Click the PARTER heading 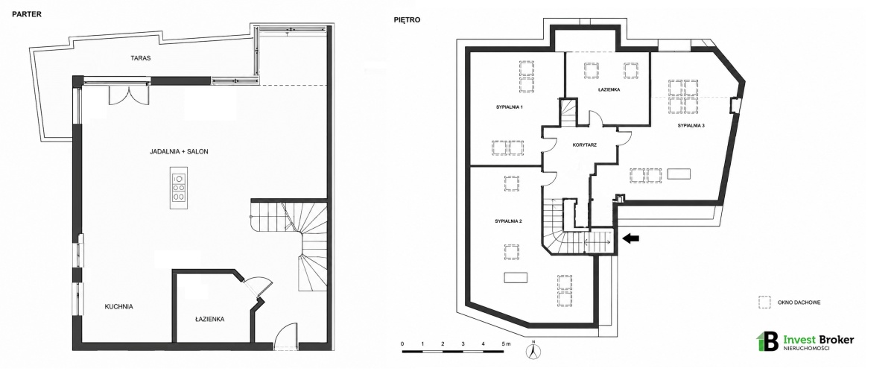click(x=27, y=14)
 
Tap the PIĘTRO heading click(x=407, y=20)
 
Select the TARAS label click(x=141, y=58)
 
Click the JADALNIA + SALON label click(x=179, y=152)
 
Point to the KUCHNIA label click(x=118, y=307)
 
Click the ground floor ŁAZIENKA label click(x=209, y=320)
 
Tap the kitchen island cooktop click(x=178, y=188)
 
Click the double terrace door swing click(x=128, y=96)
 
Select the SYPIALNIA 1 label click(x=510, y=107)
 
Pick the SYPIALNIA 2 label click(x=508, y=221)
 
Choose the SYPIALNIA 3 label click(x=691, y=125)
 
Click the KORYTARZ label click(x=584, y=145)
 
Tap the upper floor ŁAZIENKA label click(x=609, y=90)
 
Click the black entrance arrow click(x=631, y=238)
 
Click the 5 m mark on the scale click(x=505, y=343)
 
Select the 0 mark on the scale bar click(x=402, y=343)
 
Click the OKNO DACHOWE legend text click(x=799, y=303)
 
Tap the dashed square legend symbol click(x=764, y=303)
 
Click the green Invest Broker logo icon click(x=767, y=341)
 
